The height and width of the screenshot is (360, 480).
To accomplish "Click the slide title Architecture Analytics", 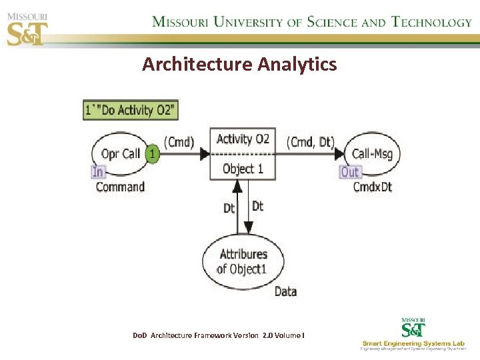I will [x=239, y=64].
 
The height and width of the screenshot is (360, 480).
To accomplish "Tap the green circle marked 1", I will [x=153, y=154].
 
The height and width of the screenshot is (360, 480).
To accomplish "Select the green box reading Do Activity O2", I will [x=131, y=110].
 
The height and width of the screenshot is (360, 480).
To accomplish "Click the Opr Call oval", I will [x=120, y=154].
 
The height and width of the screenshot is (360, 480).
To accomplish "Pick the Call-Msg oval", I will [x=371, y=154].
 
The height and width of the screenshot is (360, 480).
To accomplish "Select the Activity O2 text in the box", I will [x=243, y=139].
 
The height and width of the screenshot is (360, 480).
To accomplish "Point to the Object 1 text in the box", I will [x=243, y=169].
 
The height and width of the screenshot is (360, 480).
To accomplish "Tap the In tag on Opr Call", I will [x=98, y=172].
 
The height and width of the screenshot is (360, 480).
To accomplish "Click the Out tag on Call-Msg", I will [x=350, y=172].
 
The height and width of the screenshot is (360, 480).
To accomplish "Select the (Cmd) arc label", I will [x=179, y=141].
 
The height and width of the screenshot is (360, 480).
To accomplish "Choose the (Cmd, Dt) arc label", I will [x=310, y=141].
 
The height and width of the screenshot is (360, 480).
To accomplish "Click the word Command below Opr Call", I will [x=120, y=187].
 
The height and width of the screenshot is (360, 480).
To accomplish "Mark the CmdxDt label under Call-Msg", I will [x=372, y=187].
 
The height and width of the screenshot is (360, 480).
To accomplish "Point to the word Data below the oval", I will [x=285, y=291].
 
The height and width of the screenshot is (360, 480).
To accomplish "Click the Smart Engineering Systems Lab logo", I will [x=414, y=335].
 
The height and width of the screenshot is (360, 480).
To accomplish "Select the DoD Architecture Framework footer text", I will [x=219, y=335].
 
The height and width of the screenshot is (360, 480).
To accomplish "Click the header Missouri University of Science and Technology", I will [x=312, y=21].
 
